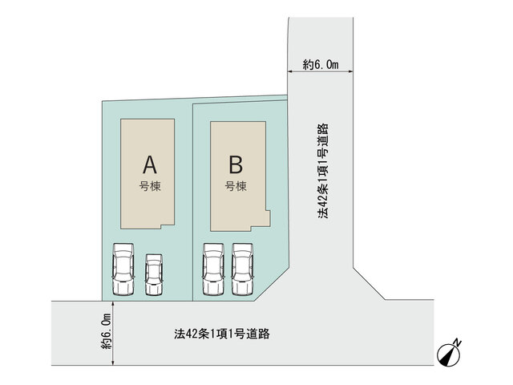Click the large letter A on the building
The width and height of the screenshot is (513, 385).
[x=150, y=164]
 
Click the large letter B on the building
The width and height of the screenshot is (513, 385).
[x=236, y=164]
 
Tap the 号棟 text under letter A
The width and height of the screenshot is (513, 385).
[x=150, y=186]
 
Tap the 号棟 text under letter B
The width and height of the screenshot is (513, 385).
[x=236, y=186]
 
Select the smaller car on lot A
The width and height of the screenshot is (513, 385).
[x=154, y=274]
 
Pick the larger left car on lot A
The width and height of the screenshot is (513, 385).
[x=123, y=269]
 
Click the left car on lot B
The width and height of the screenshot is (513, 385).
[x=213, y=269]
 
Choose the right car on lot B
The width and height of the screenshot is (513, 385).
[x=242, y=269]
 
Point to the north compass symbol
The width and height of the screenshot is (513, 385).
[x=449, y=355]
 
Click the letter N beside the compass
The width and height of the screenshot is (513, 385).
[x=458, y=343]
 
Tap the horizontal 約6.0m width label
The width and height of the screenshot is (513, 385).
[x=321, y=64]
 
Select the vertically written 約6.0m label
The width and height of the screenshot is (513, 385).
[x=107, y=331]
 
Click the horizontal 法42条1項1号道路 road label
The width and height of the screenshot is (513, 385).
[x=222, y=334]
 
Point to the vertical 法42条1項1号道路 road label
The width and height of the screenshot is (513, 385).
[x=323, y=171]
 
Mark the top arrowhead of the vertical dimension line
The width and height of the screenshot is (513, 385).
[x=113, y=303]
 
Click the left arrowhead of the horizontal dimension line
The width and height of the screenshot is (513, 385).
[x=290, y=71]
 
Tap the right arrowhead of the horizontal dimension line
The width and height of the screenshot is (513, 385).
[x=350, y=71]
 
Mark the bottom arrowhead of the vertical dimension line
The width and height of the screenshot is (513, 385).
[x=113, y=363]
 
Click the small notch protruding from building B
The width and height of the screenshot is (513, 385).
[x=268, y=218]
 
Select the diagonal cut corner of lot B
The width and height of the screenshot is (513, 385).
[x=272, y=284]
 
